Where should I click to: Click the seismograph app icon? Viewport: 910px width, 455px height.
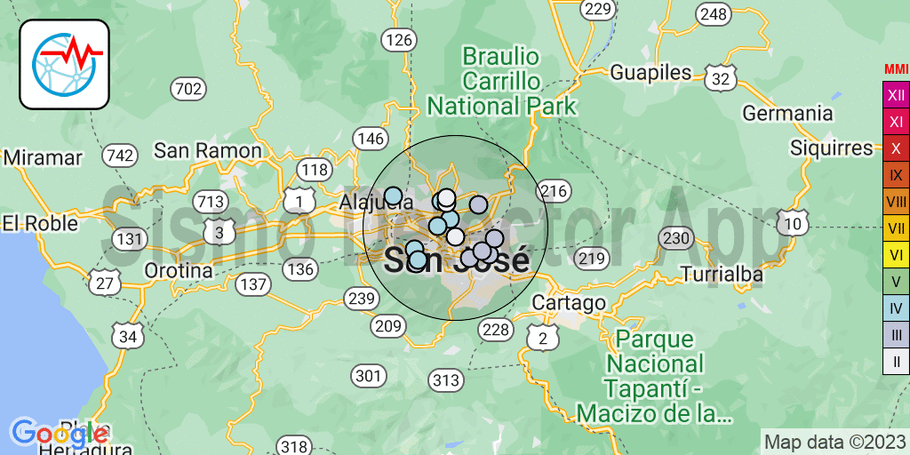(64, 64)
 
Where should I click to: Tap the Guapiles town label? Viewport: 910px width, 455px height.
(651, 72)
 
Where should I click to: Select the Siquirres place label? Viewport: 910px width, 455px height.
(832, 148)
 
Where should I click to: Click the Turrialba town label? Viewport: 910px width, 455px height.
(722, 275)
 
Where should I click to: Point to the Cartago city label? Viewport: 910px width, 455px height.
(569, 303)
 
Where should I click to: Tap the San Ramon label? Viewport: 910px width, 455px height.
(208, 150)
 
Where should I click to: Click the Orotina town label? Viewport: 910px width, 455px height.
(179, 270)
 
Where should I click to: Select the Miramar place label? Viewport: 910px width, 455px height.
(43, 157)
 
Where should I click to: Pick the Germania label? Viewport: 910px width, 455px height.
(787, 114)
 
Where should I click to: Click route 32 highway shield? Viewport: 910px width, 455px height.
(722, 78)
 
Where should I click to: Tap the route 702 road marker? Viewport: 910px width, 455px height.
(188, 88)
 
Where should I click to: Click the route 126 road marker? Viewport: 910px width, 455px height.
(399, 39)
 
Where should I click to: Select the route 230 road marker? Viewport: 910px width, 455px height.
(676, 238)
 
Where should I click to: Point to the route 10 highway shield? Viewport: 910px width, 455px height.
(793, 223)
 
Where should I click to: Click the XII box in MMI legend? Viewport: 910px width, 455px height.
(896, 94)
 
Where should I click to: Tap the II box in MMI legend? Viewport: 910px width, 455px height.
(896, 361)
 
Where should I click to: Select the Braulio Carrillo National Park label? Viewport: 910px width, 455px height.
(501, 82)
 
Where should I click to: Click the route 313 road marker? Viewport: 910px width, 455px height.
(445, 381)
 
